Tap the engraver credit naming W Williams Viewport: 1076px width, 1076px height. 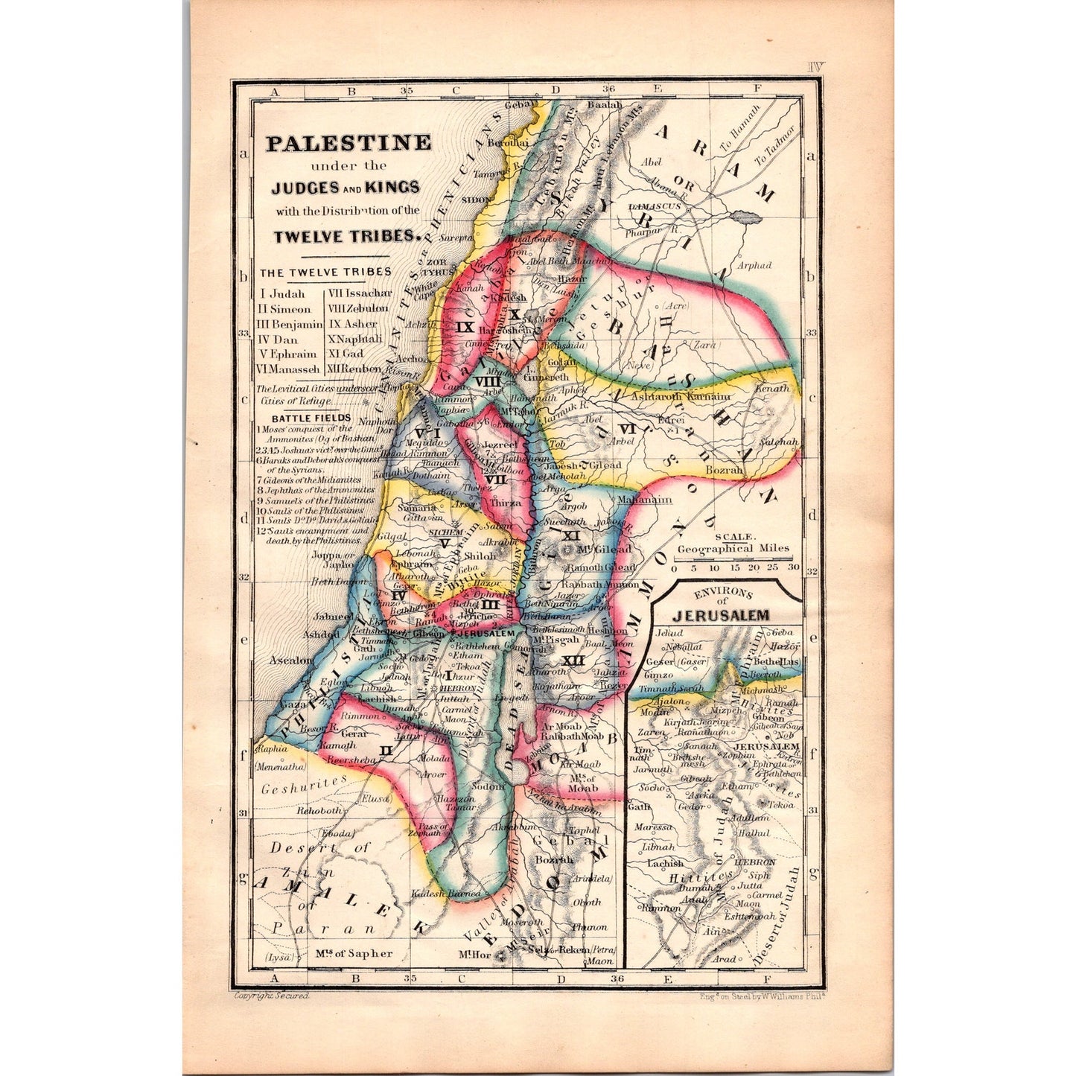[762, 996]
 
